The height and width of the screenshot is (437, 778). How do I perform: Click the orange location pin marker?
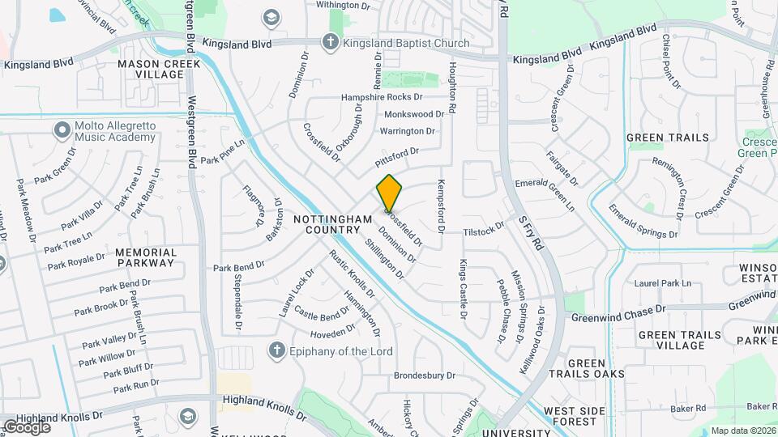tap(389, 192)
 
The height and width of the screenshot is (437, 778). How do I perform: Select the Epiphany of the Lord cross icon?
tap(276, 350)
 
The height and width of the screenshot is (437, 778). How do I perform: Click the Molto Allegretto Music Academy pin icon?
tap(62, 129)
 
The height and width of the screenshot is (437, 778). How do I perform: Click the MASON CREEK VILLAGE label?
tap(151, 69)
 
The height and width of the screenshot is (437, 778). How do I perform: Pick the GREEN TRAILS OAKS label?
tap(596, 368)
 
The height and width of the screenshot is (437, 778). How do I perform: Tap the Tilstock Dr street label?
tap(484, 231)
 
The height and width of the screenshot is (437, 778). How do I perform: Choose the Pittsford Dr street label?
tap(396, 153)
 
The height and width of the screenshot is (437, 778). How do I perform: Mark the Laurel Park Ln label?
tap(663, 283)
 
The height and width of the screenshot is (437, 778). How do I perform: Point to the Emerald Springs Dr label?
tap(643, 222)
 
